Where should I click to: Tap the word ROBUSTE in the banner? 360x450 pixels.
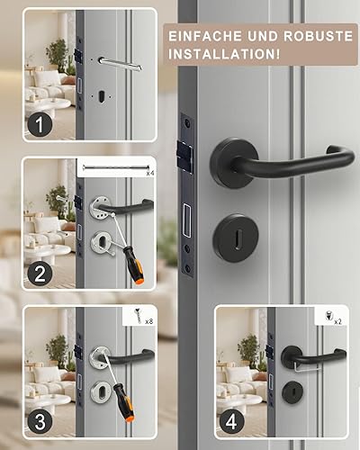click(x=318, y=36)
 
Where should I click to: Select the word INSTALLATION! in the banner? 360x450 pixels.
click(x=224, y=54)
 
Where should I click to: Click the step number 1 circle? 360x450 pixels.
click(x=40, y=124)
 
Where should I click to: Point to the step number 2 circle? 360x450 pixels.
click(x=40, y=274)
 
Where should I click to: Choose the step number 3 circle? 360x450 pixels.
click(x=40, y=422)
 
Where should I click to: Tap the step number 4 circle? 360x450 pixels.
click(x=231, y=422)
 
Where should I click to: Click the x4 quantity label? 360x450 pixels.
click(x=150, y=173)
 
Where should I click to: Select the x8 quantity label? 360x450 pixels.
click(x=149, y=321)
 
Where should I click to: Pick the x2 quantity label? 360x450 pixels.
click(x=337, y=322)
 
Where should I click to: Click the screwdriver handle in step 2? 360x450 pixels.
click(x=134, y=265)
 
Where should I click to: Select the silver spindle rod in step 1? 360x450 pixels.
click(x=121, y=64)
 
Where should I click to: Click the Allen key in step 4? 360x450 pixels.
click(x=306, y=366)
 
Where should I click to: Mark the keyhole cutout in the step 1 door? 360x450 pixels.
click(x=102, y=96)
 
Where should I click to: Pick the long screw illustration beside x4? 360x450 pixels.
click(x=116, y=167)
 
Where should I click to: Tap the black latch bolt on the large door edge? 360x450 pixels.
click(x=184, y=153)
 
